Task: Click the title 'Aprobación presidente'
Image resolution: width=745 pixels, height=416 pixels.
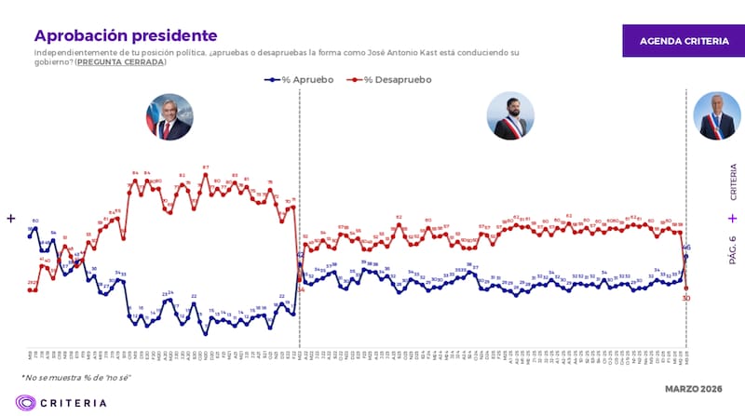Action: tap(126, 35)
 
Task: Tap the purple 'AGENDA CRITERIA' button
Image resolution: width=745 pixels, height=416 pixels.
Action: tap(678, 42)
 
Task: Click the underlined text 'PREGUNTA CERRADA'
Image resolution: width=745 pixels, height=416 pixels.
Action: tap(120, 62)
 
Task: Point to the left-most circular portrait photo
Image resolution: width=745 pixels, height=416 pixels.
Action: tap(169, 117)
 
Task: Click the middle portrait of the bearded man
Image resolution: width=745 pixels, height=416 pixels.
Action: tap(509, 117)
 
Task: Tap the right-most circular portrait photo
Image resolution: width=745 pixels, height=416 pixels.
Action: tap(716, 117)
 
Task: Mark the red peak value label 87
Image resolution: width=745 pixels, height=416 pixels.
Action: tap(205, 168)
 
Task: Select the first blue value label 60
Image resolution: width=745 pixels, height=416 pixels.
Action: tap(35, 221)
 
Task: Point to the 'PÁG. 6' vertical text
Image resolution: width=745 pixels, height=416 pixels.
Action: tap(733, 249)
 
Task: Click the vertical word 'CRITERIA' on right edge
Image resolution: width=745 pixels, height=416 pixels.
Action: tap(733, 182)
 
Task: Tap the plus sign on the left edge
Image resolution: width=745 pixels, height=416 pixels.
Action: tap(10, 219)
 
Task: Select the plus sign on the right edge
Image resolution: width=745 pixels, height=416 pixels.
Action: tap(733, 217)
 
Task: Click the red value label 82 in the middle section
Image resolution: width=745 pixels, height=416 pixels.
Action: tap(399, 218)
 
